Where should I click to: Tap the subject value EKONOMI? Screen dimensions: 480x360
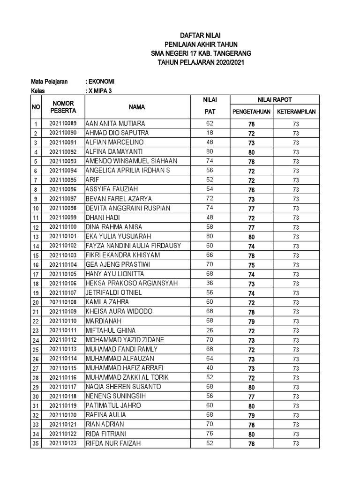[101, 82]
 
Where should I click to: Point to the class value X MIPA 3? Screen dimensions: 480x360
[99, 91]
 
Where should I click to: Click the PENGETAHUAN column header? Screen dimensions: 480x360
[251, 112]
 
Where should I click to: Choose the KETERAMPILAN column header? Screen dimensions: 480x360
[296, 112]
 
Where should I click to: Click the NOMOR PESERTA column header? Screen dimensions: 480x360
[63, 106]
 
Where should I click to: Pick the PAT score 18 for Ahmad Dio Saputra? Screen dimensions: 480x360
[209, 133]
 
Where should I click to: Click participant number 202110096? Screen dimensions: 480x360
[63, 190]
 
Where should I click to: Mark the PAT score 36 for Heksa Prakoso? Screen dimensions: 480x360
[209, 284]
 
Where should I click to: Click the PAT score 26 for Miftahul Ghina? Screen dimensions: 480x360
[209, 330]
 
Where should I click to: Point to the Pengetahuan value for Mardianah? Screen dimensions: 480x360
[251, 322]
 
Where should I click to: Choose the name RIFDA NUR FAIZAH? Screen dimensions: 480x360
[113, 443]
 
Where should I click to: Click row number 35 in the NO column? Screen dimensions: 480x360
[36, 444]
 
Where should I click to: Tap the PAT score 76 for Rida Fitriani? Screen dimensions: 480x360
[209, 434]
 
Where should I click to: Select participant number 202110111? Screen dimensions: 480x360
[63, 331]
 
